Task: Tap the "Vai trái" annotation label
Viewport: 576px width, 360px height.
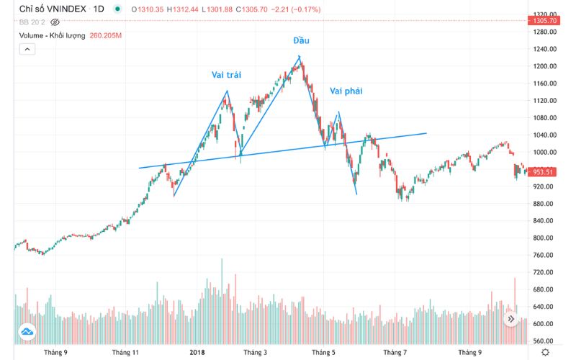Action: [225, 74]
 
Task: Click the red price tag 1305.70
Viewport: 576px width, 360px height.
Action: [544, 21]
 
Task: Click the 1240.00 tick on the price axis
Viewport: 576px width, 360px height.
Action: [544, 49]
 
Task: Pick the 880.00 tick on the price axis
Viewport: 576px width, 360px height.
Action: [544, 204]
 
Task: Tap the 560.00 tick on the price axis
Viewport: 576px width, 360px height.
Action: [544, 341]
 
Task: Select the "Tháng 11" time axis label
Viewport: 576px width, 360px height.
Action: [126, 353]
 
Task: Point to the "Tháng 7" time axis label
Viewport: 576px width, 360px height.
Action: [395, 353]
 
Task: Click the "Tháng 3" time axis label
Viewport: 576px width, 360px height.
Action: [255, 353]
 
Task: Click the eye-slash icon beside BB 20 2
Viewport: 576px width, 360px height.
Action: [55, 22]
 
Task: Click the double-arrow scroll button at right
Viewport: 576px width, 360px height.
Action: [512, 318]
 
